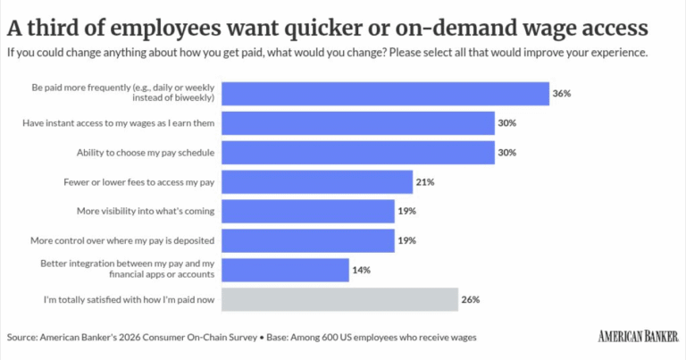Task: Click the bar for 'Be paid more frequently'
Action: pos(386,94)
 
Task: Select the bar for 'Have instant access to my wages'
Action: pos(358,123)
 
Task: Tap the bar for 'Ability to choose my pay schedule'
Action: pos(358,153)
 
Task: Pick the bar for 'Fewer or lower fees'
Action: pos(317,182)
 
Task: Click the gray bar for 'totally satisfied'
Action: pos(340,299)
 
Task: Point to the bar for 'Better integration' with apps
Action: pos(285,271)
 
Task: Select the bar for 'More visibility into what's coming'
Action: pos(308,212)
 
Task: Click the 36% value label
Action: pos(562,94)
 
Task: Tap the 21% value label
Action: pos(425,182)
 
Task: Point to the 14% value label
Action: pos(362,271)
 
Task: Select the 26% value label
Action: pos(471,299)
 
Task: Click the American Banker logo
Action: pos(639,337)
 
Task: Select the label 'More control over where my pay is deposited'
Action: pos(122,240)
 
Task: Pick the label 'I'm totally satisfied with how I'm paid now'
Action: pos(129,299)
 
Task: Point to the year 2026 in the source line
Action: pos(130,338)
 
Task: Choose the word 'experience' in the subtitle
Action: pos(622,53)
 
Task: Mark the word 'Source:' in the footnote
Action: pos(22,338)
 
